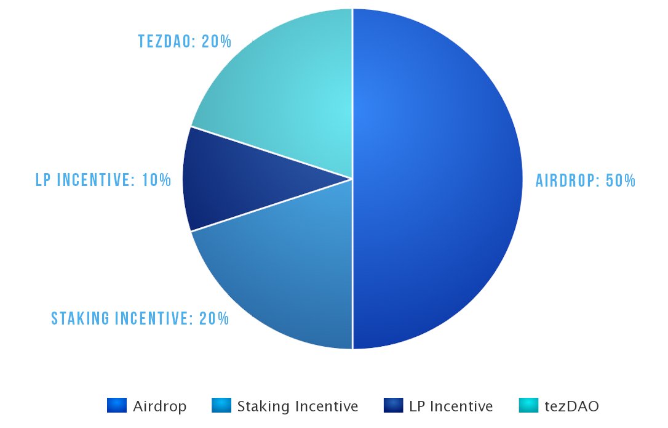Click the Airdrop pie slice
[x=437, y=179]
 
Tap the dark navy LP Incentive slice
[x=240, y=179]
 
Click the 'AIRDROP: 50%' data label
[x=585, y=180]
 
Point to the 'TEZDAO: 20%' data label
[x=185, y=42]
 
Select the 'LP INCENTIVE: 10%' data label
[x=103, y=180]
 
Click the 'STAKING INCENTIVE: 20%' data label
[x=140, y=318]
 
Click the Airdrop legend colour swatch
[x=116, y=405]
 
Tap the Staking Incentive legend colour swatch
[x=221, y=405]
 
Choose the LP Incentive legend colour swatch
[x=393, y=405]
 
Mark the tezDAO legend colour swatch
[x=528, y=405]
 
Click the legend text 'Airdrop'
[x=159, y=406]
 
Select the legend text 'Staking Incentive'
[x=297, y=406]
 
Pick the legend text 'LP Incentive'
[x=451, y=406]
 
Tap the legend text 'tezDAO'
[x=571, y=406]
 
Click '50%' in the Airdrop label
[x=619, y=180]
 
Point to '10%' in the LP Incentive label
[x=156, y=180]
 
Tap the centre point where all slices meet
[x=352, y=179]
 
